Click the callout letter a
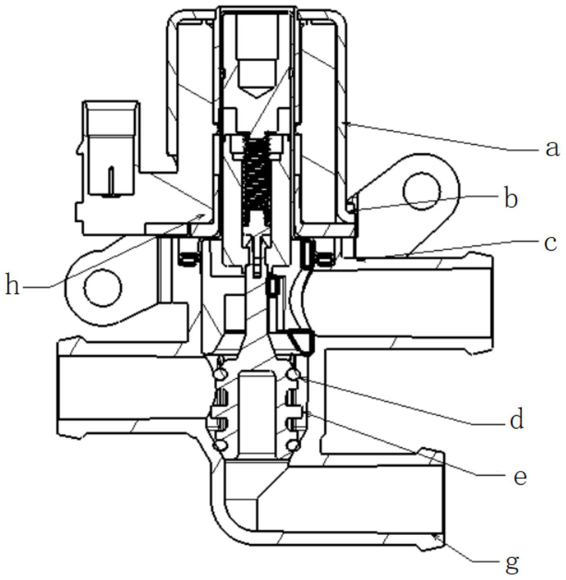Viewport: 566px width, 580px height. point(552,149)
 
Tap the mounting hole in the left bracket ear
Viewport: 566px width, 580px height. point(103,287)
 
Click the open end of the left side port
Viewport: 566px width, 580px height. point(60,388)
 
